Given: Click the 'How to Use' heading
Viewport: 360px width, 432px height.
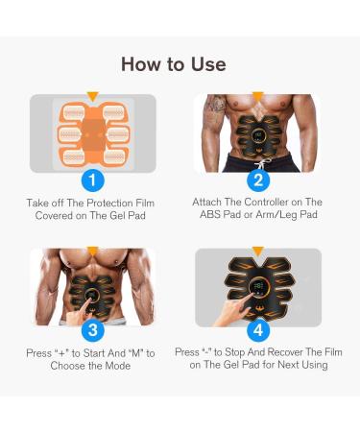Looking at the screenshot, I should [174, 64].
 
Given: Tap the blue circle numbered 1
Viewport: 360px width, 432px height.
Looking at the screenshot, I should [92, 180].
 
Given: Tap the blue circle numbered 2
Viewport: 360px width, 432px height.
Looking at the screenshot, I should [257, 180].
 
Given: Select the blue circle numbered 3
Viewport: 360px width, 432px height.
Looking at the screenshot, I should [92, 330].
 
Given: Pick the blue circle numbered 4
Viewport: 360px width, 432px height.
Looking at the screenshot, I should [257, 330].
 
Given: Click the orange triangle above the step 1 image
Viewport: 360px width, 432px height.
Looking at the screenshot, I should [92, 96].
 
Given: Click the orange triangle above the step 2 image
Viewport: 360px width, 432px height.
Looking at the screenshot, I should [257, 96].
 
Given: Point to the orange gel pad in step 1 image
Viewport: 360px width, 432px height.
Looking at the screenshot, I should [92, 133].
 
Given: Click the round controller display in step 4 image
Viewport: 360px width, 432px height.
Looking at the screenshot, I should [258, 286].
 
